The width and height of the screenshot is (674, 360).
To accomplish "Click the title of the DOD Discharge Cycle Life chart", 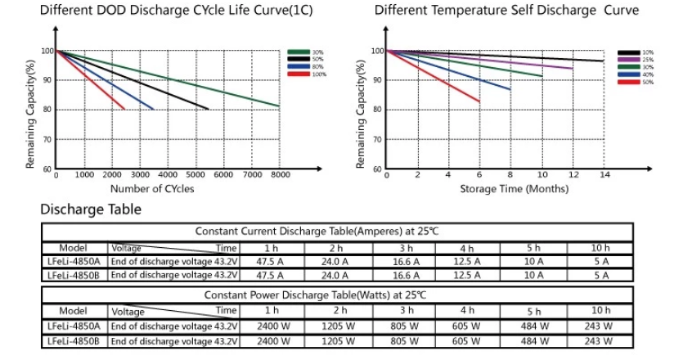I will click(x=164, y=11).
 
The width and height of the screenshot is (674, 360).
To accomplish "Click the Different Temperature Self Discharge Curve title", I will click(x=506, y=11).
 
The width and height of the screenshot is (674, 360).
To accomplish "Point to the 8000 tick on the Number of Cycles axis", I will click(x=280, y=175).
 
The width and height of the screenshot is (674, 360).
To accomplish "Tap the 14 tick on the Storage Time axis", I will click(x=604, y=175).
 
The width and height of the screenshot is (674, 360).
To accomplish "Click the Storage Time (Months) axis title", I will click(x=502, y=189).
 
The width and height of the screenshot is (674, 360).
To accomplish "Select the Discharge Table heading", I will click(x=91, y=209).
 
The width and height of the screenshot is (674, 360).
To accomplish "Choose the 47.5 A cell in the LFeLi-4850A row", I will click(x=270, y=262).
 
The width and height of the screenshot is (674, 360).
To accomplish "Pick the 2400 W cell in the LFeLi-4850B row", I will click(x=271, y=340).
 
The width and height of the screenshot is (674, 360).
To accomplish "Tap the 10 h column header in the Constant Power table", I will click(x=600, y=311).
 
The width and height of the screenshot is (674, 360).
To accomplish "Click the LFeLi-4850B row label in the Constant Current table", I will click(x=74, y=275).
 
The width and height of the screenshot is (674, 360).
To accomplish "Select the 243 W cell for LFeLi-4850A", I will click(x=600, y=326).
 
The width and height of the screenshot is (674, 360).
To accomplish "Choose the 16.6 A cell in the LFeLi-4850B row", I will click(x=407, y=275).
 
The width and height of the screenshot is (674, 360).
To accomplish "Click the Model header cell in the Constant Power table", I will click(x=74, y=311).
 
